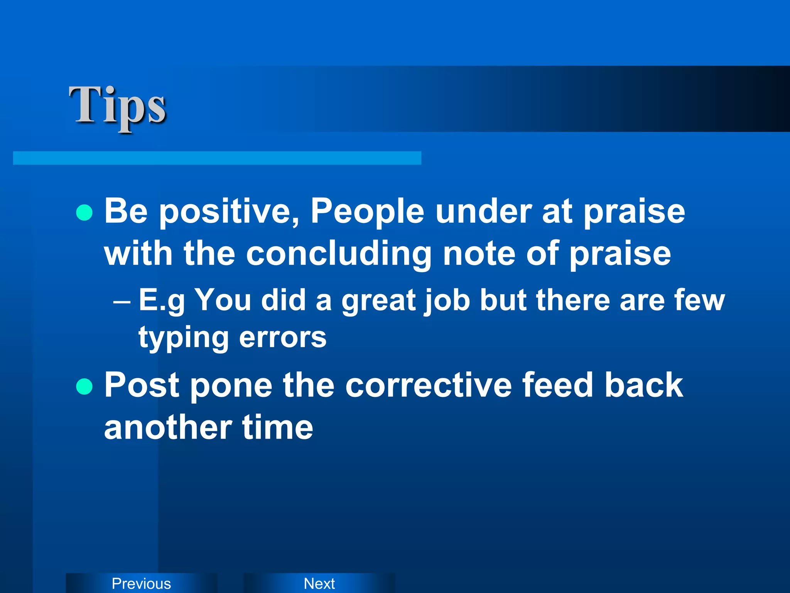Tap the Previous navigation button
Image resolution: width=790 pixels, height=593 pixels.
click(141, 583)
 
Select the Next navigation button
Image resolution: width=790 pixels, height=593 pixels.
click(319, 583)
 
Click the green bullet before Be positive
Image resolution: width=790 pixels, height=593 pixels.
click(84, 212)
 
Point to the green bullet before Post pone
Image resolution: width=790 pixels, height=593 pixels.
click(84, 386)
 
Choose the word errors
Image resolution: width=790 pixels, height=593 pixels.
click(283, 337)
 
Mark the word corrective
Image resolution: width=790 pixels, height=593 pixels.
click(428, 385)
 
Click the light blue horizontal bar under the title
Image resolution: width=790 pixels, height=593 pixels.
click(217, 158)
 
